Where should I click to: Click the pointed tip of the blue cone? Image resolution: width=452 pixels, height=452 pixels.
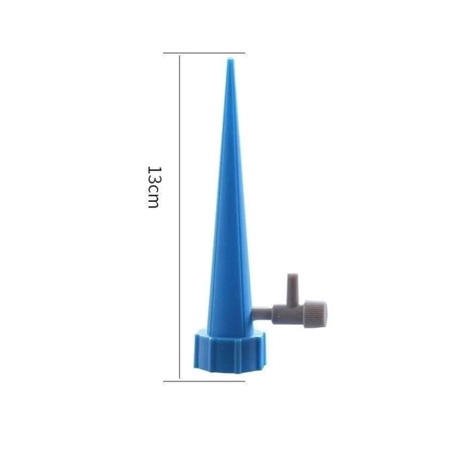(230, 59)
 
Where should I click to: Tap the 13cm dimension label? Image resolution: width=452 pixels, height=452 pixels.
(153, 186)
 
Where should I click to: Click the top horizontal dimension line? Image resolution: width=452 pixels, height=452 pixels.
(204, 53)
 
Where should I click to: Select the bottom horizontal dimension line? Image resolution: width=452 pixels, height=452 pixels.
(204, 381)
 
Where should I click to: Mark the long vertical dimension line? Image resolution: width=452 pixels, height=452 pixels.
(180, 217)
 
